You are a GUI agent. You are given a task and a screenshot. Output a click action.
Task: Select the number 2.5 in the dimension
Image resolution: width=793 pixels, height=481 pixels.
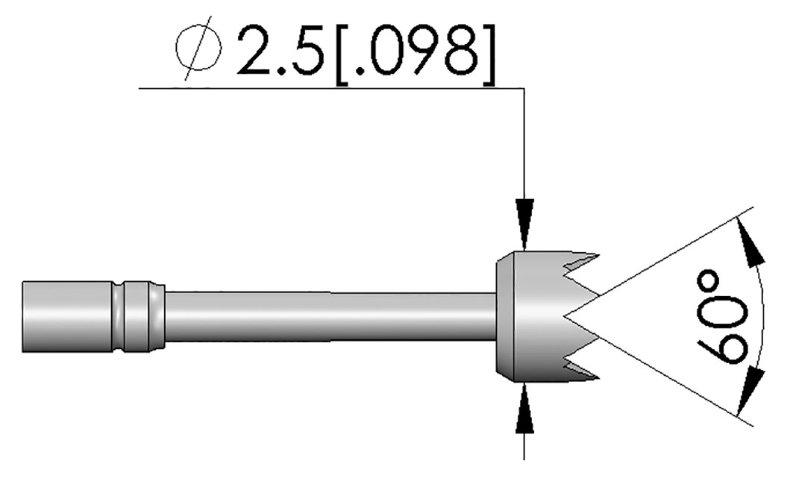(x=280, y=51)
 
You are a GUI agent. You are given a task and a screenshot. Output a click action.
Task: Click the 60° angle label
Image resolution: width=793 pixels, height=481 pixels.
(x=722, y=318)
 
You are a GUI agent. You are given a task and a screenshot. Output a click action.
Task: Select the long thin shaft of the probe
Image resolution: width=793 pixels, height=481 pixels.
(x=330, y=316)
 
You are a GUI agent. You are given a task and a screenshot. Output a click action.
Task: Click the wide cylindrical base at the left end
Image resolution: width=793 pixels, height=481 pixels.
(x=66, y=316)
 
